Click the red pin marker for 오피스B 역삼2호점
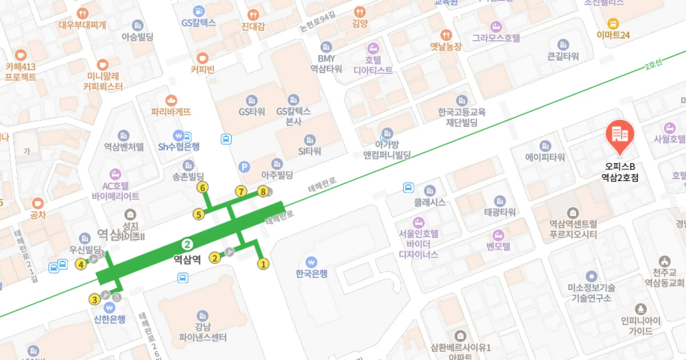click(x=620, y=135)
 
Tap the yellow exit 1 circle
click(x=263, y=264)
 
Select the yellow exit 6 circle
click(x=203, y=187)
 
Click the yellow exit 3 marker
click(x=94, y=299)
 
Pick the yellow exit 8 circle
click(x=263, y=192)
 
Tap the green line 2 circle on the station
click(x=187, y=244)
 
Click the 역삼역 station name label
click(x=187, y=259)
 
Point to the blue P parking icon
click(x=244, y=167)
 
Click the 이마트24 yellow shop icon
click(x=613, y=24)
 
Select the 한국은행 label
click(x=311, y=274)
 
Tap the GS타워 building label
click(x=252, y=112)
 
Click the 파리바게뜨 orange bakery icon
click(x=171, y=100)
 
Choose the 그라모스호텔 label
click(x=496, y=38)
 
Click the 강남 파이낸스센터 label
click(x=203, y=332)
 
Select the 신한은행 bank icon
click(x=109, y=307)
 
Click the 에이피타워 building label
click(x=545, y=157)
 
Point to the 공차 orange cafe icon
click(x=38, y=204)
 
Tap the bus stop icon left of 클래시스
click(x=408, y=187)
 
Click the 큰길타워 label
click(x=563, y=56)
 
